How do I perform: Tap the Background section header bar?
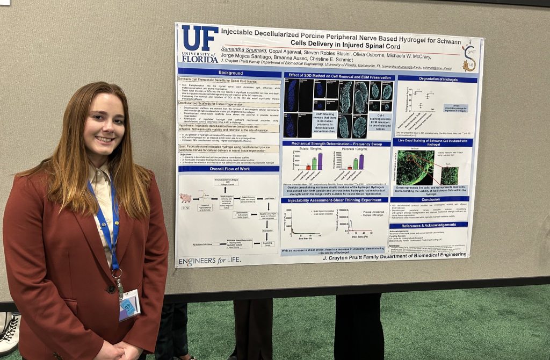[230, 73]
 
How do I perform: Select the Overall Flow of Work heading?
[229, 169]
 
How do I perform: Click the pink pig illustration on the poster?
[185, 198]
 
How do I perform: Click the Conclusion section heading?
[430, 199]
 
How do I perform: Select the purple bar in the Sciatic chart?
[320, 161]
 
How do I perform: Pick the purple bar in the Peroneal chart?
[361, 162]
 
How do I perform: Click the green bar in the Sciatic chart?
[314, 163]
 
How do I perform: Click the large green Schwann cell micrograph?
[415, 167]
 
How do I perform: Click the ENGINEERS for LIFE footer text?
[209, 261]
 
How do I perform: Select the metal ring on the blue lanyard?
[117, 272]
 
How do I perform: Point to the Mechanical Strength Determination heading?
[335, 143]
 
